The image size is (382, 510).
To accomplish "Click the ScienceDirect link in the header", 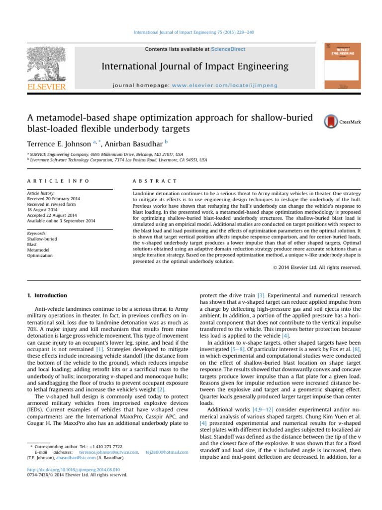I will tap(228, 49).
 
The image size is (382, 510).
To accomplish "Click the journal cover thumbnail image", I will tap(342, 66).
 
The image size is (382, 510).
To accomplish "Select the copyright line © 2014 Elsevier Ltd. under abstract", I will tap(316, 267).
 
